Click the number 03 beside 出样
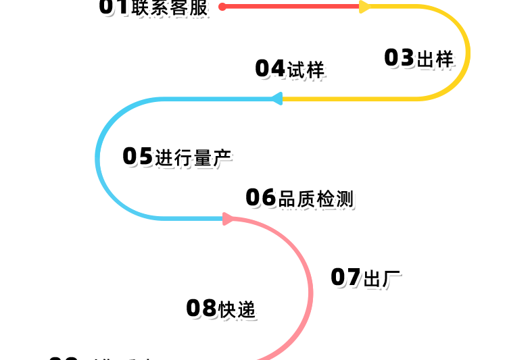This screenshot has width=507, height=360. tap(398, 58)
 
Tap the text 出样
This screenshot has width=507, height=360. tap(435, 59)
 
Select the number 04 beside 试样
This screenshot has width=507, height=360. tap(270, 69)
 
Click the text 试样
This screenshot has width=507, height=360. tap(306, 70)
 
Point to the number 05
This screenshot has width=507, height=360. tap(137, 157)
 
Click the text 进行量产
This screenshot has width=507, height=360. tap(193, 158)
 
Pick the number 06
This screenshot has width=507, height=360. tap(260, 198)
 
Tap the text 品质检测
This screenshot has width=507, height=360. tap(316, 199)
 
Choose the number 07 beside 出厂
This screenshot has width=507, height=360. tap(345, 277)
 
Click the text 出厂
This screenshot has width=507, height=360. tap(383, 278)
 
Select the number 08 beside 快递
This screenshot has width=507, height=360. tap(201, 309)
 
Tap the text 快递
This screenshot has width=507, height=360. tap(237, 309)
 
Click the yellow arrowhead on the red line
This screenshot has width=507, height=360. tap(365, 7)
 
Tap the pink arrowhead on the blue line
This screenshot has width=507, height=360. tap(228, 218)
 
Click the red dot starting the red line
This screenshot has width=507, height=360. tap(222, 7)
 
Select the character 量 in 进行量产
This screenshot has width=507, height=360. tap(203, 158)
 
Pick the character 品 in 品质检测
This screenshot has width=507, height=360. tap(287, 199)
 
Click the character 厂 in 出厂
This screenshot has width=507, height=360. tap(392, 278)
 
